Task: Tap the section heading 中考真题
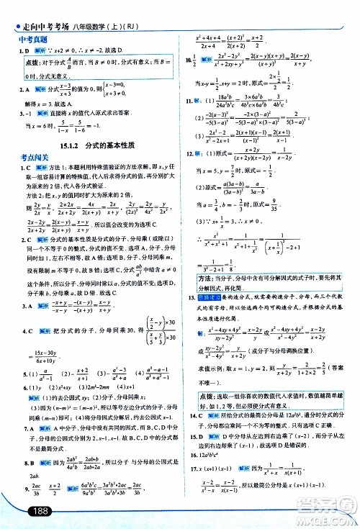click(32, 40)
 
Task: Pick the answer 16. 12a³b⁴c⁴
click(212, 456)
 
